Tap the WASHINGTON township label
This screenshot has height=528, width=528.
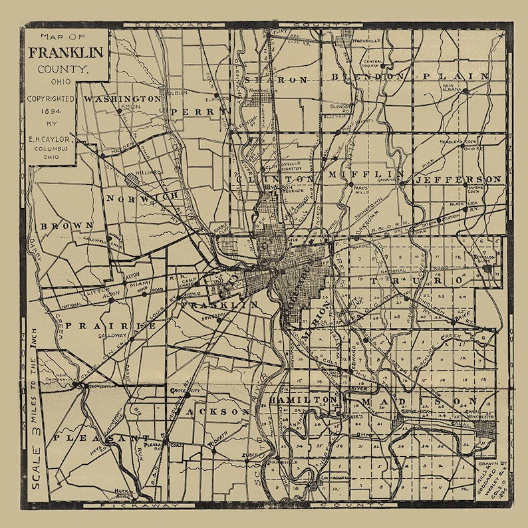pyautogui.click(x=122, y=98)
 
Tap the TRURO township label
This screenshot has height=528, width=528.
pyautogui.click(x=412, y=281)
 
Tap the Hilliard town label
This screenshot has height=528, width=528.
pyautogui.click(x=150, y=172)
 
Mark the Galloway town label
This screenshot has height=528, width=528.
pyautogui.click(x=111, y=336)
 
